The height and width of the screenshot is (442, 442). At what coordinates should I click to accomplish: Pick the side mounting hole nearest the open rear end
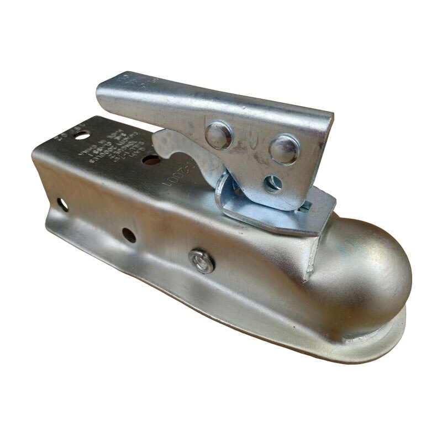pyautogui.click(x=62, y=205)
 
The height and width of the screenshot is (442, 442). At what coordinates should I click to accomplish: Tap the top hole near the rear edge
pyautogui.click(x=84, y=119)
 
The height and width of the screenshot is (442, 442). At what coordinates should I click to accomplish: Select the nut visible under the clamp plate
pyautogui.click(x=304, y=206)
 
